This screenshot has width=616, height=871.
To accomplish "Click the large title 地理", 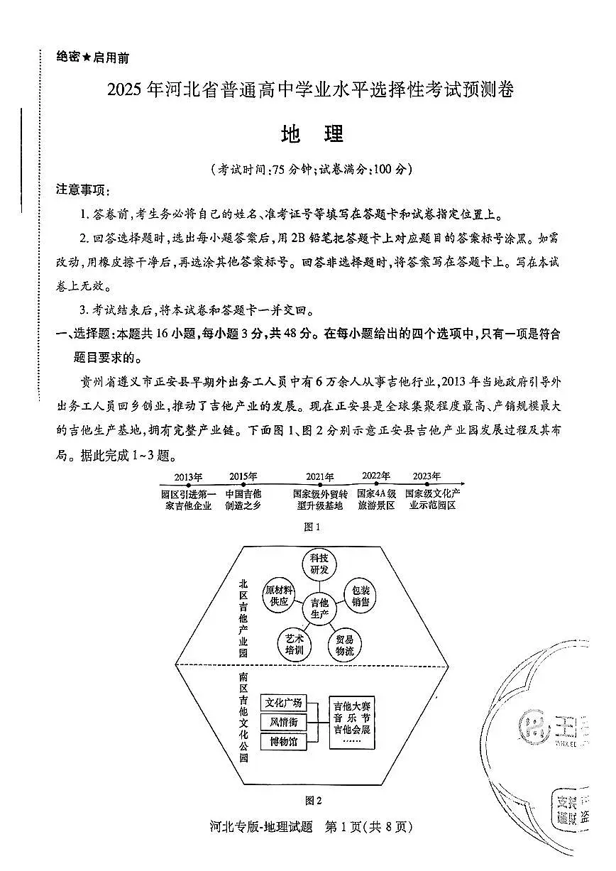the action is click(312, 135).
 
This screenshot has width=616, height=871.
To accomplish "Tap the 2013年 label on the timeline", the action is click(188, 476).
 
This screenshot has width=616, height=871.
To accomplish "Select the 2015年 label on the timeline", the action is click(243, 476).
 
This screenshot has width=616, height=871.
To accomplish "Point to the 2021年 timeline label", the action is click(320, 477).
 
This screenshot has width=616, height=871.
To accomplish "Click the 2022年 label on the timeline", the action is click(375, 476).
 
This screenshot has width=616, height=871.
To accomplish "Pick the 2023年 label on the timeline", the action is click(426, 476).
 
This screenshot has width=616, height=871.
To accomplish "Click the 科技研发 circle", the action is click(319, 565).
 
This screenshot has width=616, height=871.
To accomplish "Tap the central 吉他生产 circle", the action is click(319, 608).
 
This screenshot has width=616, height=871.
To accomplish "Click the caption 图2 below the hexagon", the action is click(313, 800).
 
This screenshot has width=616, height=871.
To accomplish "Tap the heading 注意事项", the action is click(79, 190).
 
